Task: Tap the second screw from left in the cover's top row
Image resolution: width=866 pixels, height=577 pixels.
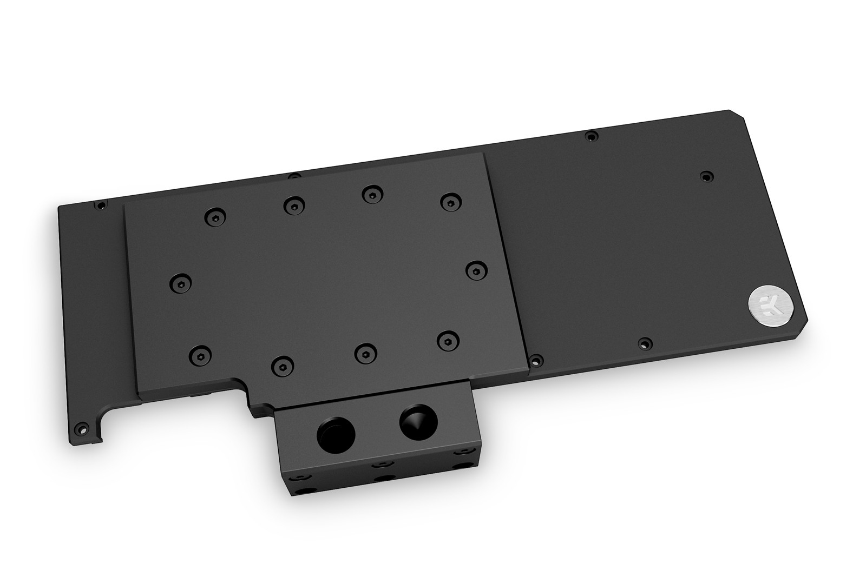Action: (x=292, y=204)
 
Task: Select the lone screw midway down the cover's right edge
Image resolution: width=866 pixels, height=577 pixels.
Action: (x=475, y=269)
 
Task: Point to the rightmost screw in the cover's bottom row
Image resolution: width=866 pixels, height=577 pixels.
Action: (x=446, y=340)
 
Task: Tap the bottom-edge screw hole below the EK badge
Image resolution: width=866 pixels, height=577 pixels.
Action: (x=642, y=343)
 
